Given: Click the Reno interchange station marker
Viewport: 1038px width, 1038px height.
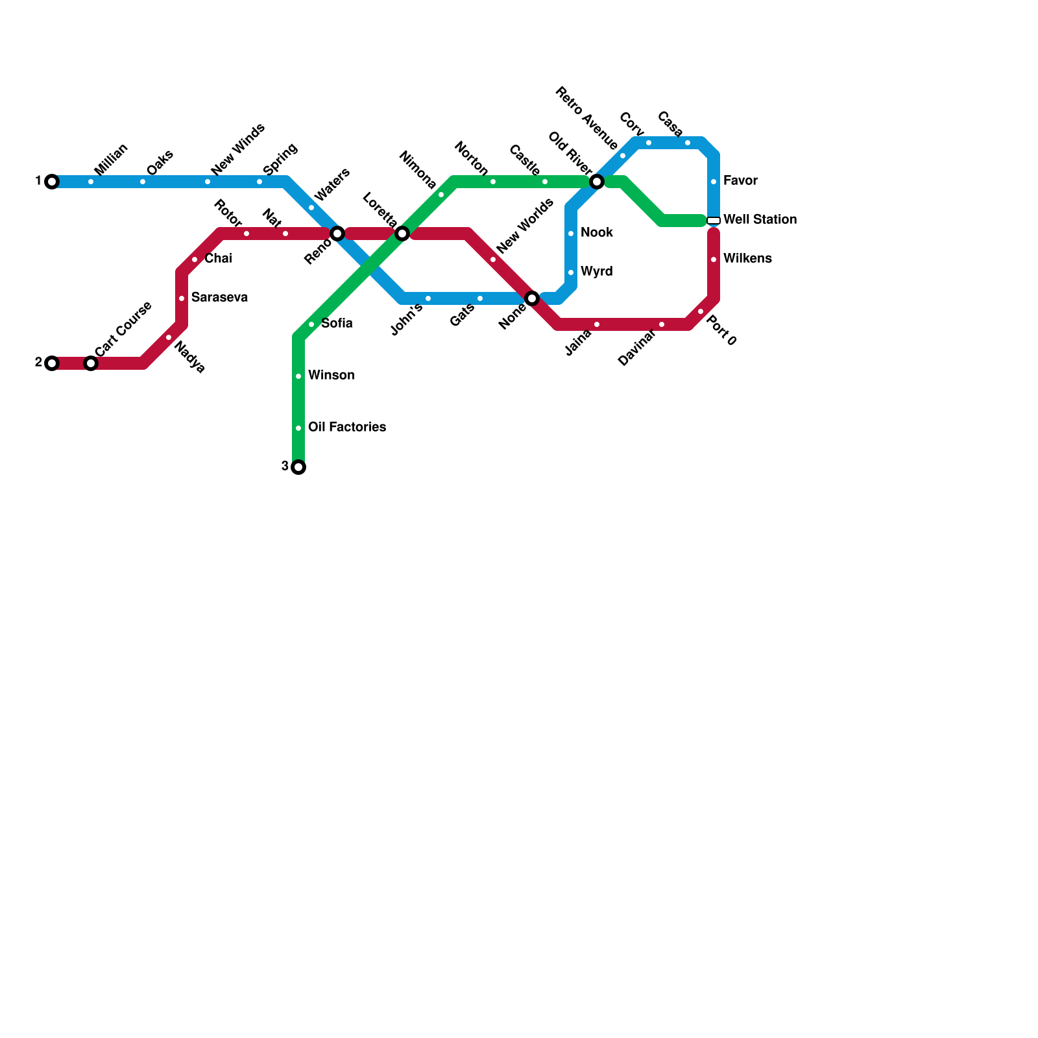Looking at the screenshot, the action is coord(337,234).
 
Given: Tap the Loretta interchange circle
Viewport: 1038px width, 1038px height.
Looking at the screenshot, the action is coord(402,234).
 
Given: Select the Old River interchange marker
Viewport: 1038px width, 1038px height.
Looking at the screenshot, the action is coord(597,182).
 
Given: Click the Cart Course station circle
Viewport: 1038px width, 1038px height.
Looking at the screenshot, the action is coord(91,363).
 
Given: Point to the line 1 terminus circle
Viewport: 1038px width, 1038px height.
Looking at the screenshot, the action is coord(52,182).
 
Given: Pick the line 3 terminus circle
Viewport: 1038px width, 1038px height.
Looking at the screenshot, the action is coord(298,467).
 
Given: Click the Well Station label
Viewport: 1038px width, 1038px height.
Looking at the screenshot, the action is coord(760,220).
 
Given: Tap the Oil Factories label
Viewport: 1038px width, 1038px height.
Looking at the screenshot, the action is coord(347,428).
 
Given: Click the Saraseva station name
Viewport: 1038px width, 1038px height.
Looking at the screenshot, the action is coord(219,298).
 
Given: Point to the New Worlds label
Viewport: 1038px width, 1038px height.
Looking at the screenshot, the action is coord(525,226).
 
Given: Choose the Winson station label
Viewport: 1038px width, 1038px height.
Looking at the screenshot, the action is coord(331,376).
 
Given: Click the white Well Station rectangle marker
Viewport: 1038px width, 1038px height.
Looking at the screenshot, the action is coord(714,221).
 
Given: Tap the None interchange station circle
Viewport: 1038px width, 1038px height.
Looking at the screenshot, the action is coord(532,298).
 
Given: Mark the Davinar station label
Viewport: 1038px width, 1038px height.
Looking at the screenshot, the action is coord(636,348).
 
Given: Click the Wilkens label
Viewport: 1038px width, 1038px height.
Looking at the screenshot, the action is coord(747,259).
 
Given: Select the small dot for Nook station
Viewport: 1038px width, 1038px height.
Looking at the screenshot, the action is coord(571,234).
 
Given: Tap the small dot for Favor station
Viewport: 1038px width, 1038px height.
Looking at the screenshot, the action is coord(714,182).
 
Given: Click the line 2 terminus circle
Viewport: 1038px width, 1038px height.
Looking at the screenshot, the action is coord(52,363).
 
